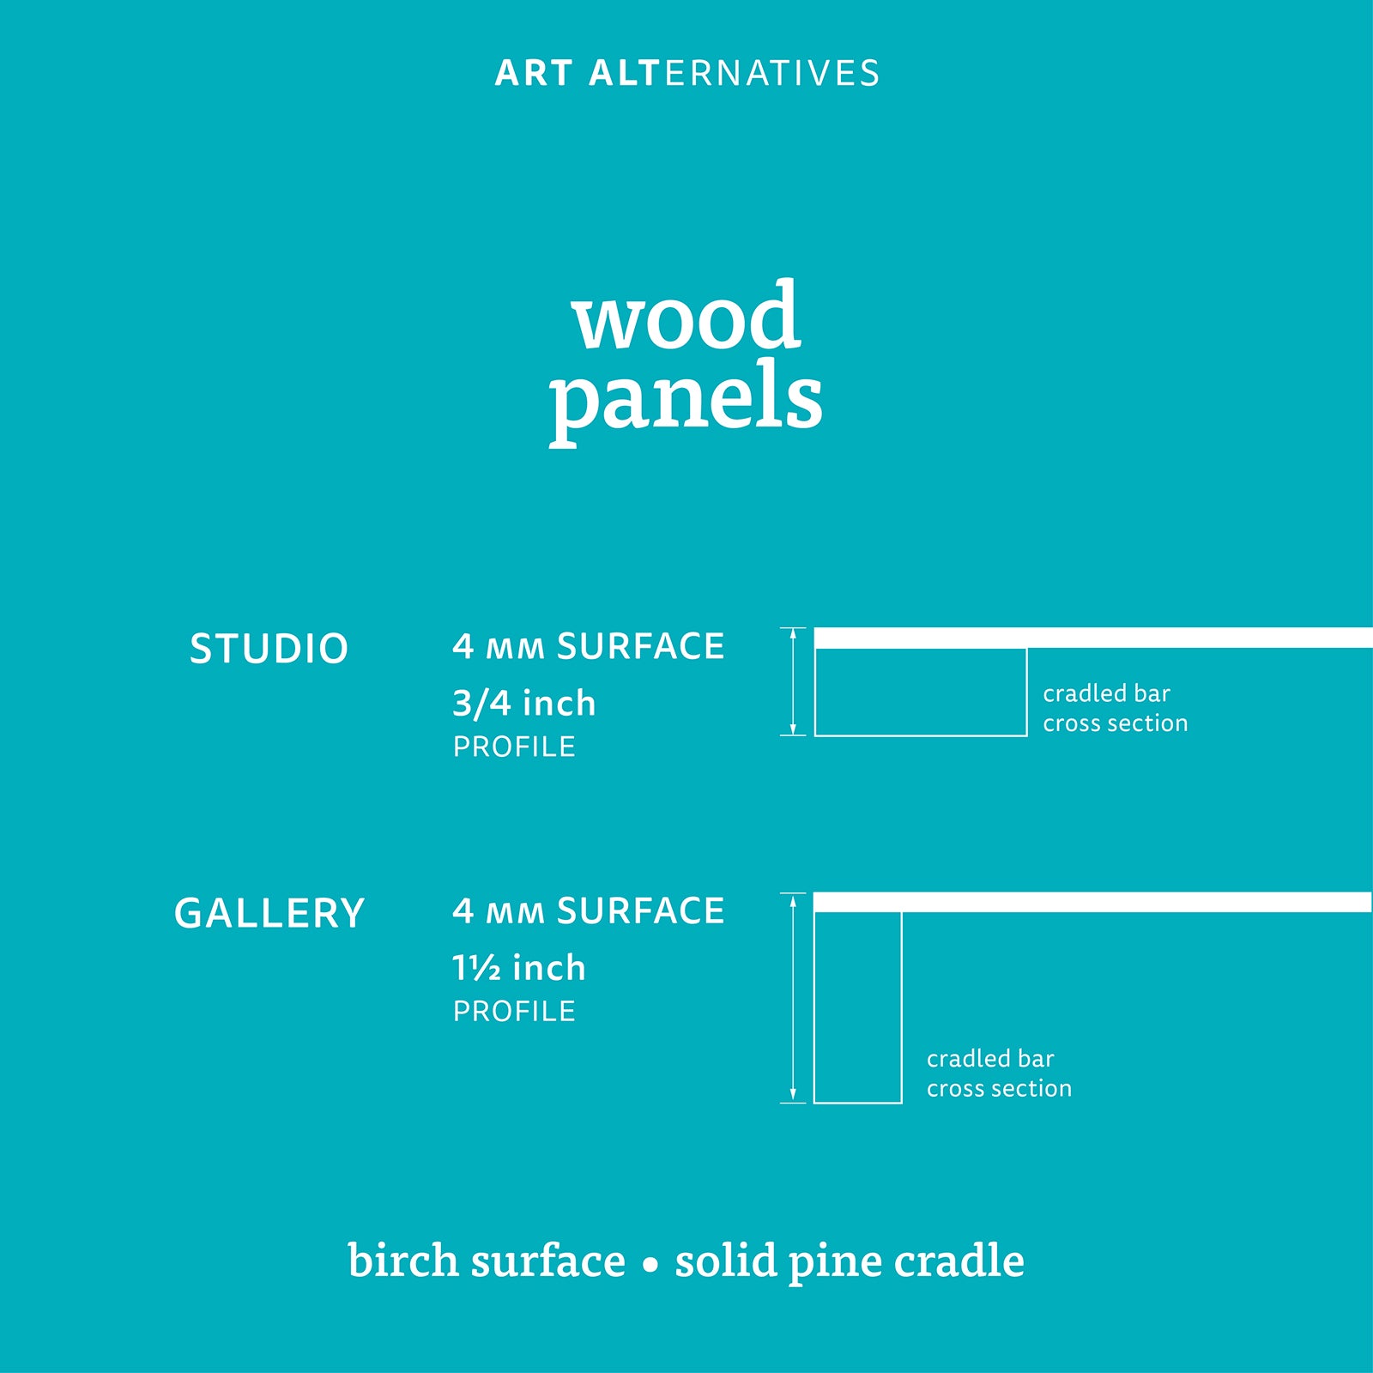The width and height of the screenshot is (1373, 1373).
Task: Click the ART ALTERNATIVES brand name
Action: pos(687,74)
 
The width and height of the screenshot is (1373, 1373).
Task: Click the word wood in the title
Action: pos(686,315)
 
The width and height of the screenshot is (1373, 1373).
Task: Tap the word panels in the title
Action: pos(686,397)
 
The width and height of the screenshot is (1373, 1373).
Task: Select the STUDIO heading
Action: pos(269,649)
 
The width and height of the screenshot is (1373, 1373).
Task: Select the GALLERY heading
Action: pos(269,913)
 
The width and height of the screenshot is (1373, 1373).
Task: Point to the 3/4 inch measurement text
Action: pos(523,704)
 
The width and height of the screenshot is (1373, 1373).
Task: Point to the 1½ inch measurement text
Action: pos(519,968)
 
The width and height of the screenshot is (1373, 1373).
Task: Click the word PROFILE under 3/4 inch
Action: pos(514,747)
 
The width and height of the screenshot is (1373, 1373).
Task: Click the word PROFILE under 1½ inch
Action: pos(514,1011)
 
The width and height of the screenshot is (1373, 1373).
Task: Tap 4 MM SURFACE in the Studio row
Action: pos(589,646)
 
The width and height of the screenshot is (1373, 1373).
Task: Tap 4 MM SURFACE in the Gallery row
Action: pos(589,910)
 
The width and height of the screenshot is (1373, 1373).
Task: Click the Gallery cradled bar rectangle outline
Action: pos(901,1007)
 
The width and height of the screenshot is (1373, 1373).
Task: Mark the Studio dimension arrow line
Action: pos(793,681)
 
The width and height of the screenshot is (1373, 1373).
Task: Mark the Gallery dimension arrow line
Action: pos(793,997)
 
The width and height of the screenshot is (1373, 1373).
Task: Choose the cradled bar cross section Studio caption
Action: pos(1116,708)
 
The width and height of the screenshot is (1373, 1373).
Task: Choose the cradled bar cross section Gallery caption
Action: pos(999,1074)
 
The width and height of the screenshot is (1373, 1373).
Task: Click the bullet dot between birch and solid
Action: pos(650,1265)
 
